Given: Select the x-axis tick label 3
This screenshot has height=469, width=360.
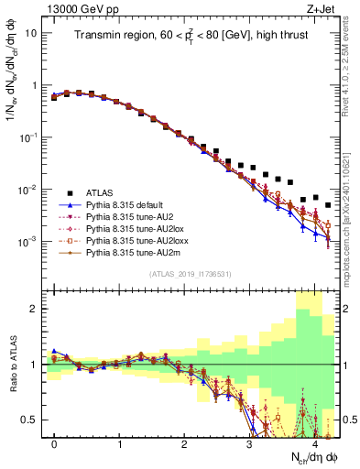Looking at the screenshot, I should point(249,443).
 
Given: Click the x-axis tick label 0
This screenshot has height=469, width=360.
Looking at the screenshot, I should point(54,443).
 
